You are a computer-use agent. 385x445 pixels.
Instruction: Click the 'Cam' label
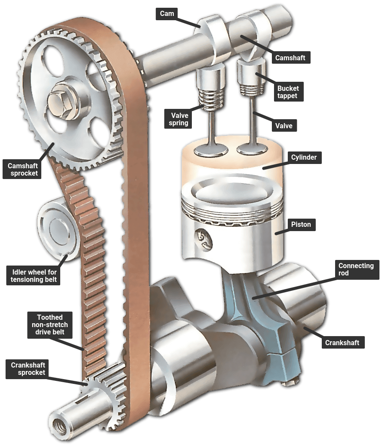167,14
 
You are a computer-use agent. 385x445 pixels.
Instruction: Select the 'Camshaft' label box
290,58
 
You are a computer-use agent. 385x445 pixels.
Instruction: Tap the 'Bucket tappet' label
288,92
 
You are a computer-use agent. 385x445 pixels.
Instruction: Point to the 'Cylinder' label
304,157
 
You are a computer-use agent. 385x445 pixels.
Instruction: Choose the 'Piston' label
301,225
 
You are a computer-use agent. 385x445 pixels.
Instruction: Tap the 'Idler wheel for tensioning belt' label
34,276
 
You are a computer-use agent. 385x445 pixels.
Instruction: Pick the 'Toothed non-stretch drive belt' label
50,325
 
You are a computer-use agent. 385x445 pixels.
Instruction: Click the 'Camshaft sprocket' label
22,170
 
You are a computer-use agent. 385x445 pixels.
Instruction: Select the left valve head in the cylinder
211,150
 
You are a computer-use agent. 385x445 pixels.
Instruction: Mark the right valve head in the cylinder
252,148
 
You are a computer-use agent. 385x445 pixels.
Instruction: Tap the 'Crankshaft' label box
342,343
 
